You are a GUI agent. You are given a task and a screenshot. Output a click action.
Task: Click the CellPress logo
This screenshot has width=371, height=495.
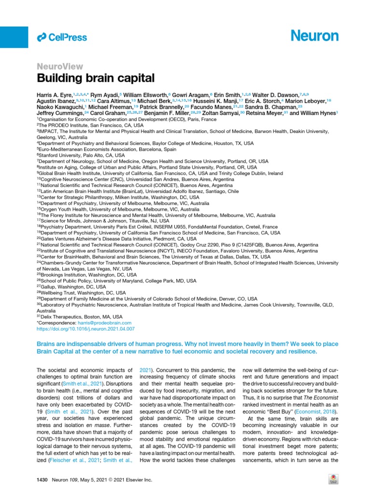pos(62,37)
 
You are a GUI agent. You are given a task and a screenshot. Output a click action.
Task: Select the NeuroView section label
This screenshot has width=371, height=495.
pos(60,67)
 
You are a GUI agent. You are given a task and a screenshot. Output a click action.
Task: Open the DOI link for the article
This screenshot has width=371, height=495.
pos(86,329)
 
